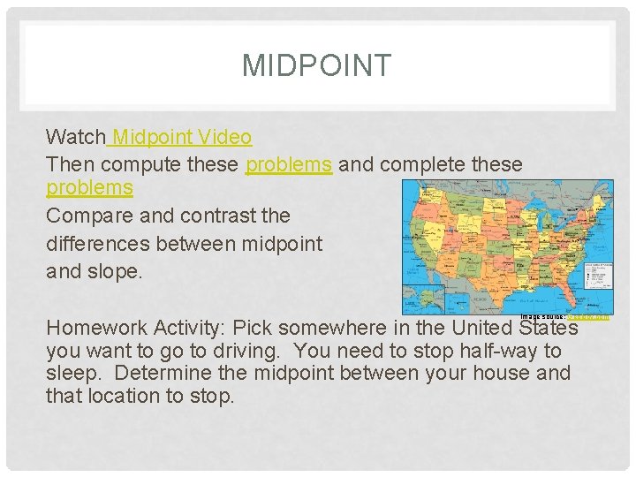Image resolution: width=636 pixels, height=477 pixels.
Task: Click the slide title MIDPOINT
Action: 316,66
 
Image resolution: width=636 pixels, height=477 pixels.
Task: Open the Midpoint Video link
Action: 182,137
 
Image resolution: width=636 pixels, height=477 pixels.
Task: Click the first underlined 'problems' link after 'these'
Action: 289,164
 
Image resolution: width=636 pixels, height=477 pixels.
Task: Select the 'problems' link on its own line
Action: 89,188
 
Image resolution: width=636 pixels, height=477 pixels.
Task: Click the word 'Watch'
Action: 75,137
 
